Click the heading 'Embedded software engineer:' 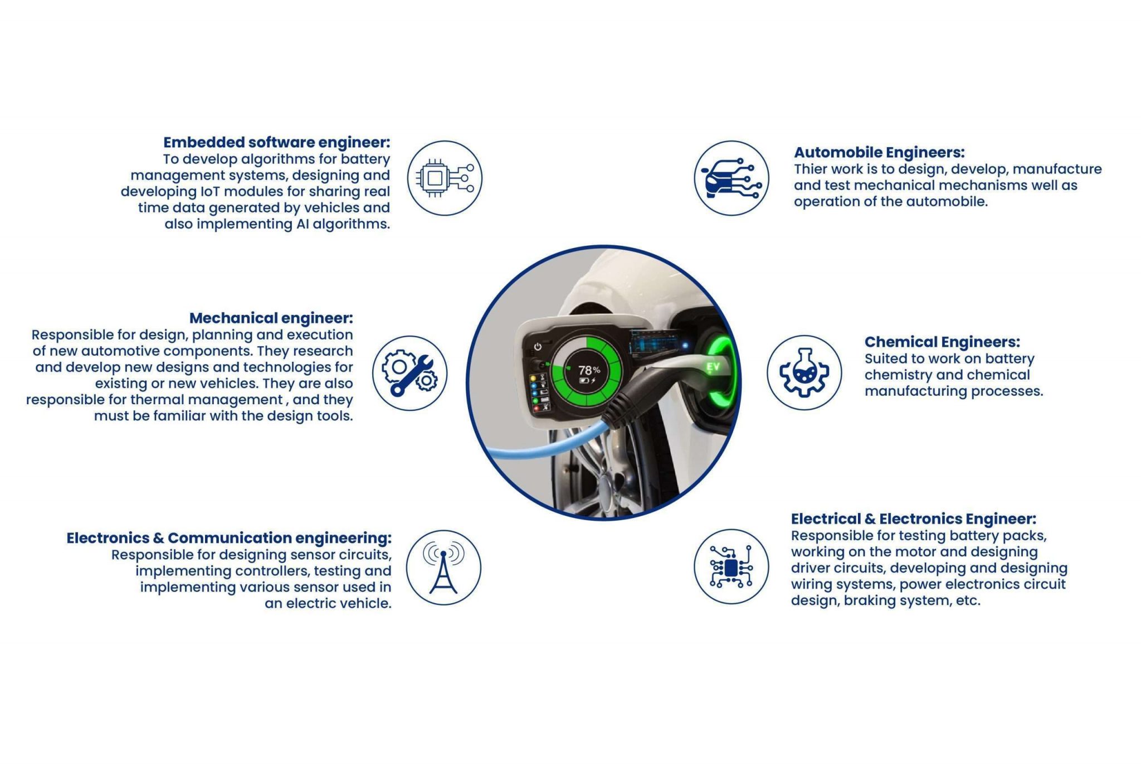pos(276,143)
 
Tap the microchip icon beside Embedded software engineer pos(445,178)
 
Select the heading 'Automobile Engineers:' pos(879,152)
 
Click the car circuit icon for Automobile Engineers pos(731,178)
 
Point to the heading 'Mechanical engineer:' pos(271,318)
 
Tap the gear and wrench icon pos(409,373)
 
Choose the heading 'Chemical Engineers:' pos(942,342)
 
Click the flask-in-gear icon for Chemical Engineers pos(804,372)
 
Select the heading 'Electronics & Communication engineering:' pos(229,538)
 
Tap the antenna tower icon pos(443,568)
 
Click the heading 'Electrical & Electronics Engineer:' pos(914,519)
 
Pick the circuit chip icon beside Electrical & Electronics pos(731,567)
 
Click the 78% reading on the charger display pos(589,370)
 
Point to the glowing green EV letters pos(713,366)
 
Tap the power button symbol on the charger pos(538,347)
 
